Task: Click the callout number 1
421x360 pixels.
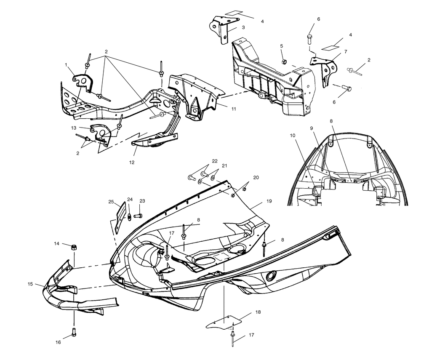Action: click(66, 65)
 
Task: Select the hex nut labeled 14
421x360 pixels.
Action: click(73, 246)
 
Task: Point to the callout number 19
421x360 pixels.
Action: click(269, 201)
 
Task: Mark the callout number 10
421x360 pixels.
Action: click(293, 136)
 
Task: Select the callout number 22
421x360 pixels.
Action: click(215, 161)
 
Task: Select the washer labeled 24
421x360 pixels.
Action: click(128, 217)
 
